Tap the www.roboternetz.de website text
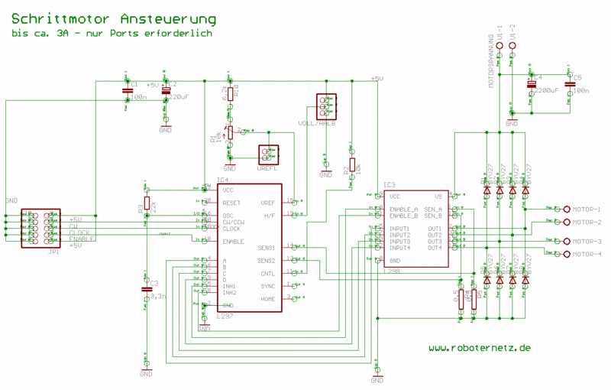[479, 348]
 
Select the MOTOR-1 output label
[587, 210]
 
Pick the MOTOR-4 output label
[587, 254]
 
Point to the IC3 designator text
[390, 185]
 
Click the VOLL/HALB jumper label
[317, 123]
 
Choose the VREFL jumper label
[267, 167]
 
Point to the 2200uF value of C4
[547, 90]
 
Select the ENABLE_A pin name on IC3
[404, 209]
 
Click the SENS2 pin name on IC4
[266, 260]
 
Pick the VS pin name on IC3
[438, 196]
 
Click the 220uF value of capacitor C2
[179, 97]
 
